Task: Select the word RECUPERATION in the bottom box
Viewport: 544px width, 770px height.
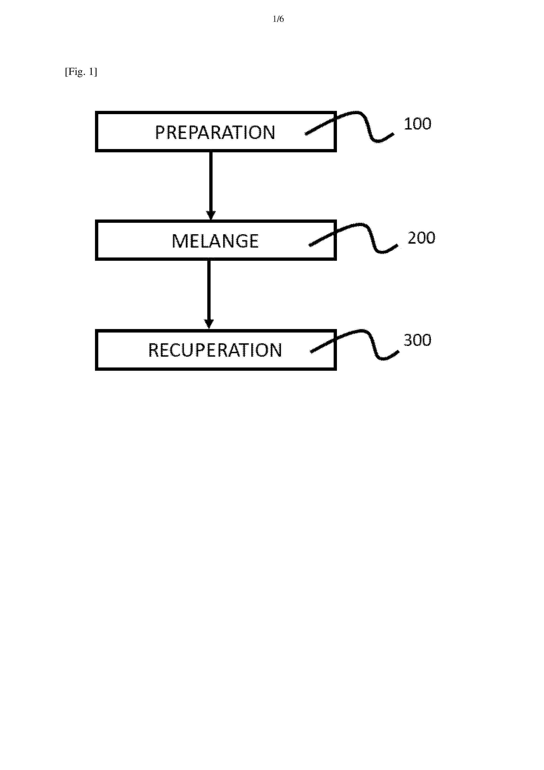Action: [215, 350]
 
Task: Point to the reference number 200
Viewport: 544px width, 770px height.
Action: [421, 238]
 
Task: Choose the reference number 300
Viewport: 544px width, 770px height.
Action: [417, 340]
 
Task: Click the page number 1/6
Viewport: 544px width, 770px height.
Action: [278, 19]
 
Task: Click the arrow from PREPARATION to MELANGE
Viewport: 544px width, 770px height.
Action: [211, 185]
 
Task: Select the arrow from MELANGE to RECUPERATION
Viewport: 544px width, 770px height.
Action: [209, 294]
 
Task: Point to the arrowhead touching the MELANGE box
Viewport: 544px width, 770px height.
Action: [211, 215]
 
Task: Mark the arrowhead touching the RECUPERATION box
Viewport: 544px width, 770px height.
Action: [209, 324]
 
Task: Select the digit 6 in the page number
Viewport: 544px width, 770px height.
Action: [282, 19]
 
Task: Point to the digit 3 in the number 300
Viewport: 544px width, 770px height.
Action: [408, 340]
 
